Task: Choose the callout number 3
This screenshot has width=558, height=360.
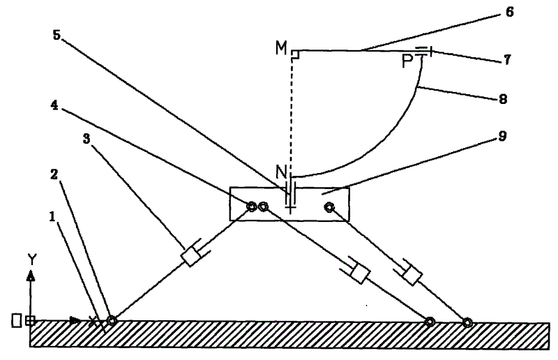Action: pyautogui.click(x=86, y=140)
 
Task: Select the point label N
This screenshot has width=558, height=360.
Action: pyautogui.click(x=280, y=170)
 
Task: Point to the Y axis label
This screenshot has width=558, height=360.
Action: pyautogui.click(x=31, y=260)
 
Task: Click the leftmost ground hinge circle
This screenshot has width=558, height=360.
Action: pyautogui.click(x=110, y=322)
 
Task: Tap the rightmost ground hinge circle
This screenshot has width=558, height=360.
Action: pyautogui.click(x=467, y=322)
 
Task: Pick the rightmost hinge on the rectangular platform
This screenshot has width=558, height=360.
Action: pyautogui.click(x=329, y=207)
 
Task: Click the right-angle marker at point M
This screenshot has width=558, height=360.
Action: pyautogui.click(x=296, y=54)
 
